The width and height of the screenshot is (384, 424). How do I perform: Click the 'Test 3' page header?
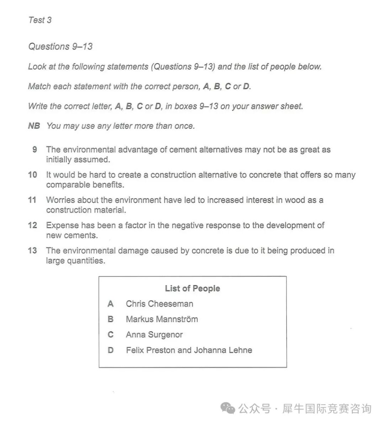tap(40, 20)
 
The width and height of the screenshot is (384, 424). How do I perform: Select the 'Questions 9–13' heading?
tap(60, 47)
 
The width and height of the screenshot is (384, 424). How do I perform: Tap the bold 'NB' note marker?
tap(34, 126)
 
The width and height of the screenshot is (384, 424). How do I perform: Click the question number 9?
tap(34, 150)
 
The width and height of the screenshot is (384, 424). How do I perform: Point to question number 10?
tap(32, 175)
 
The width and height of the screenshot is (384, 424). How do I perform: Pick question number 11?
tap(32, 200)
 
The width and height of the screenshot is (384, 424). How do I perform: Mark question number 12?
tap(32, 226)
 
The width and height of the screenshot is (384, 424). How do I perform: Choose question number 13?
tap(32, 251)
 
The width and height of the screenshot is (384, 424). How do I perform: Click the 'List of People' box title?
tap(192, 288)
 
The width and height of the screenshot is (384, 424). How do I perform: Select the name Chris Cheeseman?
tap(159, 304)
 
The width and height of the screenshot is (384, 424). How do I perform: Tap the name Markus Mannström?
tap(162, 319)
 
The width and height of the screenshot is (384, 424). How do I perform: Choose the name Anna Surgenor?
tap(154, 335)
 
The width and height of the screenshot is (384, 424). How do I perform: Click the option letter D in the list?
tap(111, 350)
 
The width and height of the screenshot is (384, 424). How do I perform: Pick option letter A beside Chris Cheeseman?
tap(111, 304)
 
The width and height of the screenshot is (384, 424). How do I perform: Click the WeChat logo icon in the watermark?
tap(228, 408)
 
